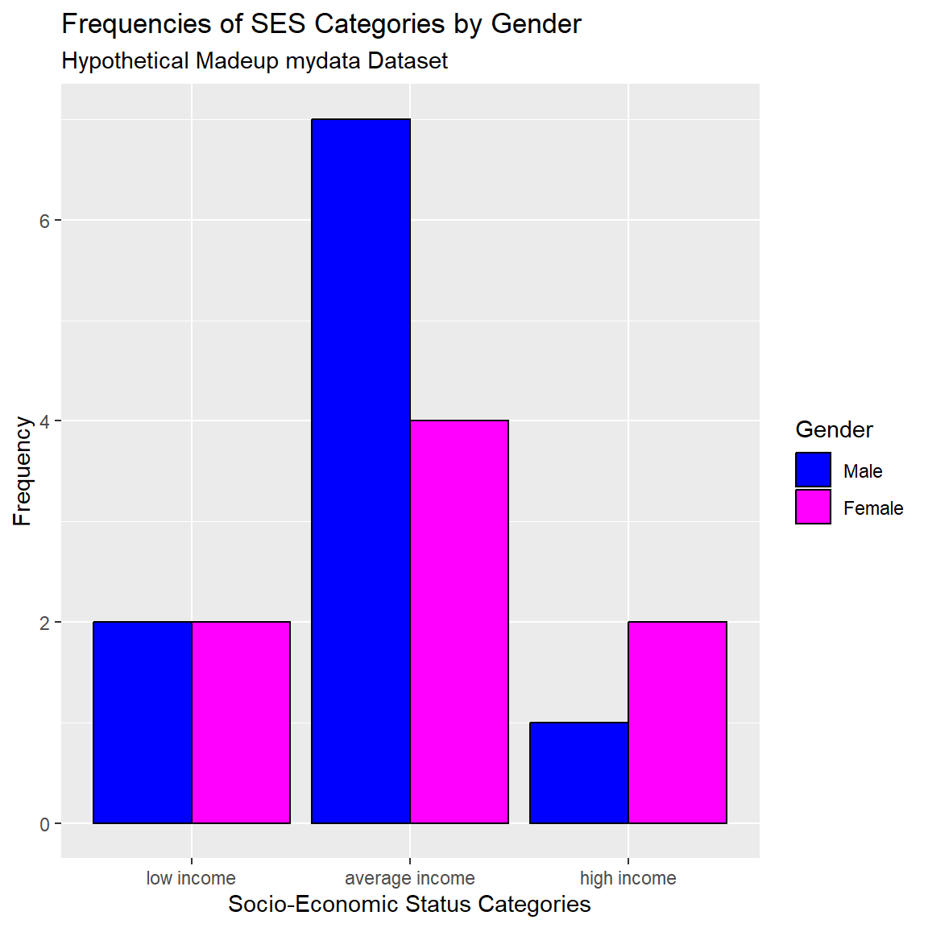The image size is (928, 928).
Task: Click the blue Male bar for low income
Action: (x=143, y=723)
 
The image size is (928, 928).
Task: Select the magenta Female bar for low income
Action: (x=241, y=723)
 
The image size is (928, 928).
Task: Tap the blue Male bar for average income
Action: (x=361, y=471)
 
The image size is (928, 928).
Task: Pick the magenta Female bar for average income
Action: (x=459, y=622)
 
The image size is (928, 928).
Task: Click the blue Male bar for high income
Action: (x=579, y=773)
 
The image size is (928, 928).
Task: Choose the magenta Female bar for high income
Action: (x=677, y=723)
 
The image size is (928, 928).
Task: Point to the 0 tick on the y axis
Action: (x=45, y=824)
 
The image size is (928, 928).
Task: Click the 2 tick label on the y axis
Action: (x=45, y=623)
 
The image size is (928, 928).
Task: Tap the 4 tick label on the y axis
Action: (x=45, y=421)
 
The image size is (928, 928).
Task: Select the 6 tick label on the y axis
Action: (x=45, y=221)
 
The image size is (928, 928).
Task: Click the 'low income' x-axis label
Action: (x=191, y=878)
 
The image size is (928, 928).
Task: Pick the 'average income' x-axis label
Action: (x=410, y=878)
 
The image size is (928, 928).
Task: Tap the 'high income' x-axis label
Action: (x=628, y=878)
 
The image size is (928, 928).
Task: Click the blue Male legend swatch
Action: (x=813, y=470)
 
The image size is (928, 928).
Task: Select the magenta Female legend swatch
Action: (x=813, y=507)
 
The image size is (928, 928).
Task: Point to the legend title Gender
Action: (x=834, y=429)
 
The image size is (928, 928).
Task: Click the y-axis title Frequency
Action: (x=23, y=471)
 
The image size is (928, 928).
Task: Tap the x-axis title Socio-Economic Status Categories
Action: (x=409, y=904)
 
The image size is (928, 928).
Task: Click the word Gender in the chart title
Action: (x=536, y=24)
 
